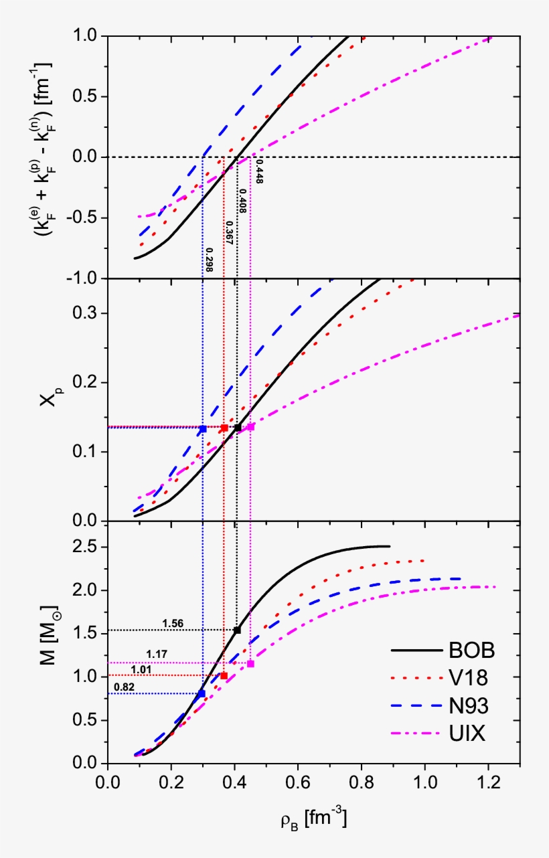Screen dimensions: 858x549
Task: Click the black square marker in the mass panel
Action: pyautogui.click(x=237, y=630)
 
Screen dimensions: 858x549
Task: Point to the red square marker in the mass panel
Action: pyautogui.click(x=224, y=675)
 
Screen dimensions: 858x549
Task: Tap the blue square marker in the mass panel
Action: pyautogui.click(x=202, y=693)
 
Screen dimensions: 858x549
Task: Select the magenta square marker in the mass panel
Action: pyautogui.click(x=250, y=664)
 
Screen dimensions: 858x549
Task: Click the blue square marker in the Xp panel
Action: pyautogui.click(x=203, y=428)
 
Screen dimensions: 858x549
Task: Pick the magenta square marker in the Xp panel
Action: pyautogui.click(x=250, y=426)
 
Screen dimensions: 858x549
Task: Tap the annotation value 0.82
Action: pyautogui.click(x=125, y=687)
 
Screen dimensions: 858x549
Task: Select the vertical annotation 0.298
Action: pyautogui.click(x=209, y=260)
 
